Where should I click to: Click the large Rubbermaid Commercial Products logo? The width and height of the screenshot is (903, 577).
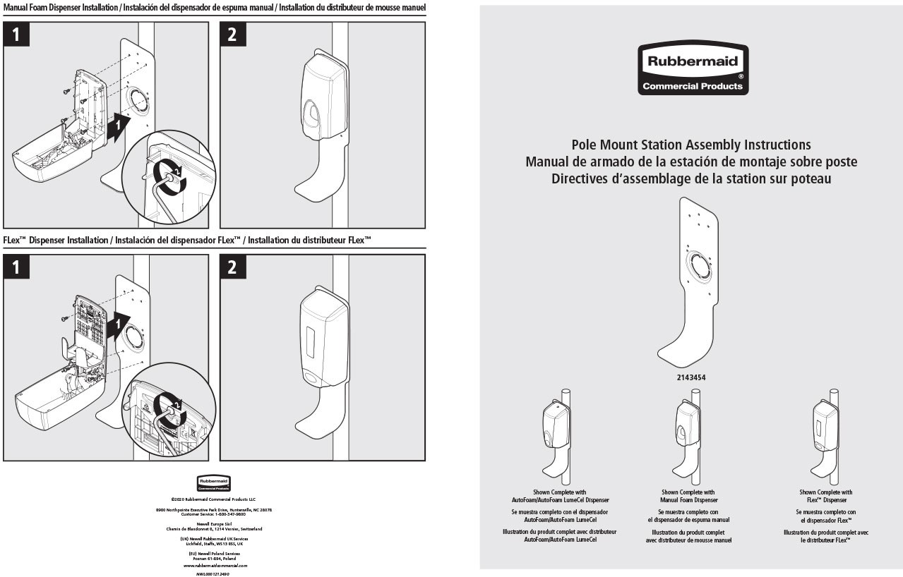coord(693,68)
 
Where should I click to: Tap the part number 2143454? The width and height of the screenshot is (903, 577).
coord(691,378)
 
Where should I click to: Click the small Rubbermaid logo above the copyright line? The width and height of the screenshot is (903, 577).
coord(214,483)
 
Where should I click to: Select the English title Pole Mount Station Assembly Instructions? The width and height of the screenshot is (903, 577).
coord(691,145)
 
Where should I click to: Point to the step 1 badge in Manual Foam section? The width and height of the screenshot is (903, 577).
coord(16,34)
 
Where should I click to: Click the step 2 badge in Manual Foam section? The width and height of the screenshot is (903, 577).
coord(232,34)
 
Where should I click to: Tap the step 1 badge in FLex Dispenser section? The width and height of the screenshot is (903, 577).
coord(16,267)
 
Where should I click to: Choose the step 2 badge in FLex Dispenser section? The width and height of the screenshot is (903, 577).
coord(232,267)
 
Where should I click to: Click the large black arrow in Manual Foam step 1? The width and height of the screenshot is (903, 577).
coord(118,124)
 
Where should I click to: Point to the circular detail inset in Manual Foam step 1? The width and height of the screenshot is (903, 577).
coord(169,177)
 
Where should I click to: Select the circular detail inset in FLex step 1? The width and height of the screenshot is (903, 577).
coord(168,409)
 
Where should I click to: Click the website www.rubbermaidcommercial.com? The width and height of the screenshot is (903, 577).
coord(215,566)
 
